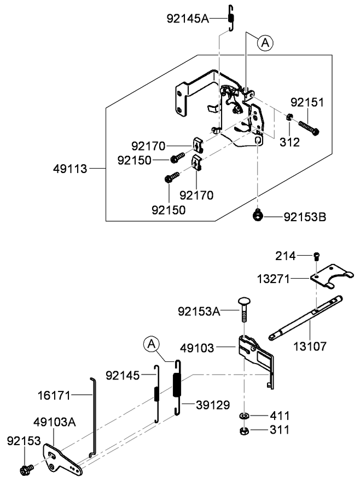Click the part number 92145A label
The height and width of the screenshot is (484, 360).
tap(188, 19)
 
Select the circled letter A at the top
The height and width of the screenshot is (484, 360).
tap(265, 43)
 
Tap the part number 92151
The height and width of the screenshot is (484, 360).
tap(307, 102)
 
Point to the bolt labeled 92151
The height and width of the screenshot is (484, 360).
tap(309, 127)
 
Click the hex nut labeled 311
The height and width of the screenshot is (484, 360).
tap(243, 431)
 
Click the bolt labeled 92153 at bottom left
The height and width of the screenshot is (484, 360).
tap(26, 469)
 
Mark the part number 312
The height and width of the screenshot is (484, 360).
tap(289, 142)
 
